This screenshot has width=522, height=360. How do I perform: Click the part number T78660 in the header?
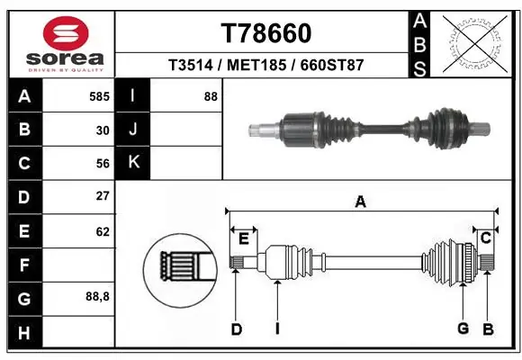coord(265,33)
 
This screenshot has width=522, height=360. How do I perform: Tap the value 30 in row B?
coord(102,130)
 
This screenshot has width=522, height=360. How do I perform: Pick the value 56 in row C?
coord(102,163)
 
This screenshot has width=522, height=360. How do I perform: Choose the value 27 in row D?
coord(102,196)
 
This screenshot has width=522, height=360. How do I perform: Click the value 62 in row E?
coord(102,231)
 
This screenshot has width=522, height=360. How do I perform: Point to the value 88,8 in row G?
coord(97,296)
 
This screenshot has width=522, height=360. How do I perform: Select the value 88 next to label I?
coord(211,96)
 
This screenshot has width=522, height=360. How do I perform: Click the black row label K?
coord(133,163)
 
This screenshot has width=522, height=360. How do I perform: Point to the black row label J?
coord(133,130)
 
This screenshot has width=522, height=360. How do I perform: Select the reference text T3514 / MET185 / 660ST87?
coord(265,66)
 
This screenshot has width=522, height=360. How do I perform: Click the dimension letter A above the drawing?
coord(360,202)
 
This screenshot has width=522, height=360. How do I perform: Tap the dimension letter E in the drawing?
coord(243,238)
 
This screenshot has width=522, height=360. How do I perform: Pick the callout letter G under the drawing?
coord(463,328)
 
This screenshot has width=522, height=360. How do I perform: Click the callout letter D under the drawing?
coord(236,329)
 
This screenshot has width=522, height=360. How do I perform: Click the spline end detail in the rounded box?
coord(179,267)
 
